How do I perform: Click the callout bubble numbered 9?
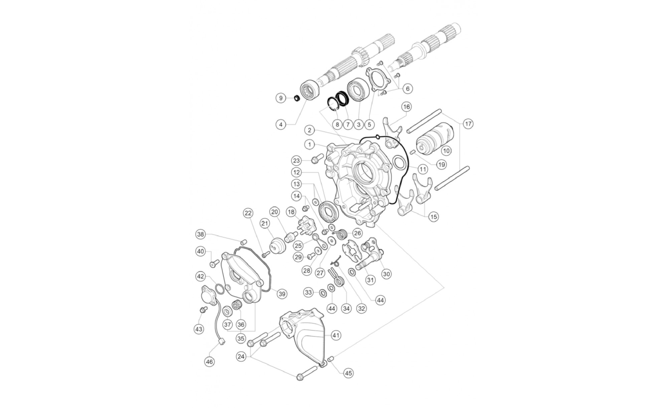(x=281, y=98)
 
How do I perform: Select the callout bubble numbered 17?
(x=468, y=124)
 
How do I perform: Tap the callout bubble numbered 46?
(x=209, y=362)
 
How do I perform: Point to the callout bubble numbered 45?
(x=348, y=373)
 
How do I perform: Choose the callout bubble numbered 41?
(x=336, y=335)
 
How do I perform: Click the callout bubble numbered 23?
(x=297, y=161)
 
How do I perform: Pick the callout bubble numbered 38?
(x=200, y=234)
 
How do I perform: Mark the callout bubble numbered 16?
(x=406, y=107)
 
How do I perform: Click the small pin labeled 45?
(x=332, y=359)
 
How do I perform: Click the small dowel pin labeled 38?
(x=243, y=242)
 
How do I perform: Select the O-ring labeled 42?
(x=219, y=288)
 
